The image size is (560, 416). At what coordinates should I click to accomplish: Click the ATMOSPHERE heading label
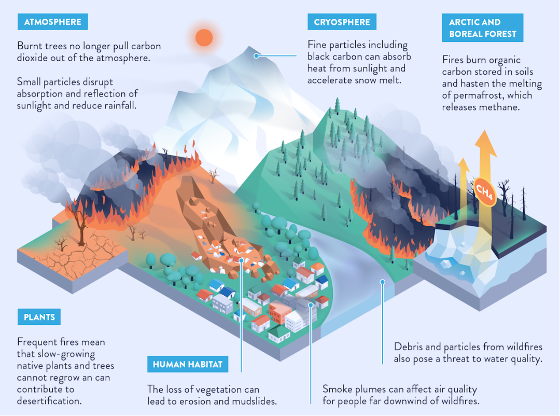pos(52,22)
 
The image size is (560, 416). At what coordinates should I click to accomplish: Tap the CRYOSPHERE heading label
pos(342,22)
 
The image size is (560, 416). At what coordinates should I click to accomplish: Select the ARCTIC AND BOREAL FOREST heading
pos(482,28)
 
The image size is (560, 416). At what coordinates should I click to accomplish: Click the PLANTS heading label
pos(39,317)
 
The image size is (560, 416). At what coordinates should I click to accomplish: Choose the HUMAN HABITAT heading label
pos(187,365)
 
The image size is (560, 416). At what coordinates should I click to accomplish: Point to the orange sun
pos(204,37)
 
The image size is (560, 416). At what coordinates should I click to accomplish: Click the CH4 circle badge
pos(484,190)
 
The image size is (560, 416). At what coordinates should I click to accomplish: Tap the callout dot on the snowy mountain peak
pos(256,56)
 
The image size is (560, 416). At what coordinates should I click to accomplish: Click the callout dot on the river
pos(382,282)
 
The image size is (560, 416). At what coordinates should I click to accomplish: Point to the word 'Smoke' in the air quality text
pos(337,389)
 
